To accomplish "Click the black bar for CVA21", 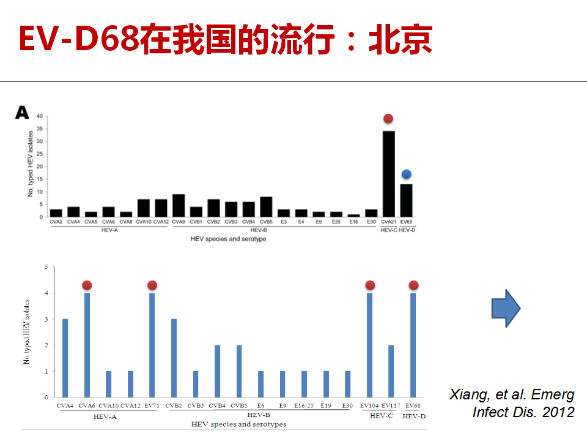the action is (x=389, y=174).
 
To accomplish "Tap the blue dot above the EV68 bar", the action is (x=406, y=174).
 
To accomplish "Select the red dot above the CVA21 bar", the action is (x=388, y=118).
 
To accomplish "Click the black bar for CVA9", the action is (x=179, y=206).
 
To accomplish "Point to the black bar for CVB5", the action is (x=266, y=206).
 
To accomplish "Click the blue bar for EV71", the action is (x=152, y=345).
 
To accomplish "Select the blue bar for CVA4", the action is (x=65, y=358).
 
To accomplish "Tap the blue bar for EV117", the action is (x=391, y=371).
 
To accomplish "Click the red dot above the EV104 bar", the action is (x=370, y=285).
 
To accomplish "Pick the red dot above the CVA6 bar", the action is (x=87, y=285).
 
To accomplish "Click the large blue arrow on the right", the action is (x=506, y=308).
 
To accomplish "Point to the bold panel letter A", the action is (x=22, y=112).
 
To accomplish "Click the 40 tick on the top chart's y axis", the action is (x=40, y=116).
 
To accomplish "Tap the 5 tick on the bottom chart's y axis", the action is (x=46, y=267).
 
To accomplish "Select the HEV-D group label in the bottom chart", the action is (x=414, y=416).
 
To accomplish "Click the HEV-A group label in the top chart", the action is (x=109, y=230).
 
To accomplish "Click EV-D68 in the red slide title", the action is (x=79, y=38).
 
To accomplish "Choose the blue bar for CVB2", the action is (x=174, y=358).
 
